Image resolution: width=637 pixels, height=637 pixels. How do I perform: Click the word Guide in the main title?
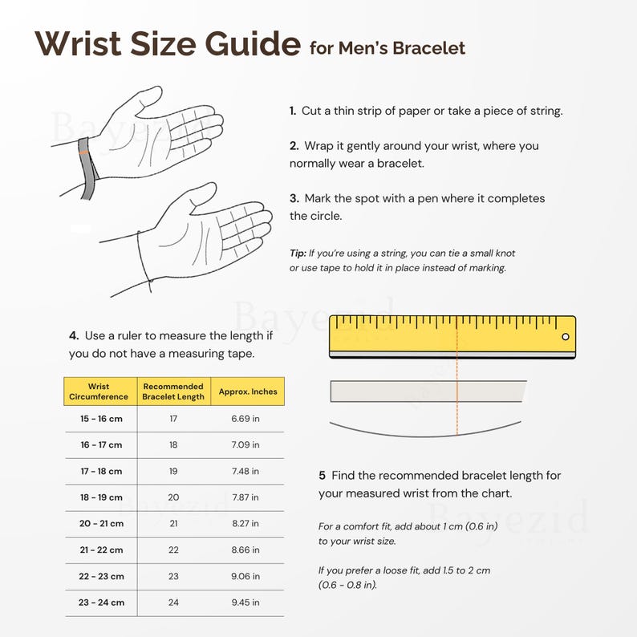252,43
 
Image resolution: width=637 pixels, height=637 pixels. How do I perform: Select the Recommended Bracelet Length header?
173,392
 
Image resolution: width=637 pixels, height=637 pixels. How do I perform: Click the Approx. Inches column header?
248,392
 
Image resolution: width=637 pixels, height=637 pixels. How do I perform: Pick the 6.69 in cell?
245,419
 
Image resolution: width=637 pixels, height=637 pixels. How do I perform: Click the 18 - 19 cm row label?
101,497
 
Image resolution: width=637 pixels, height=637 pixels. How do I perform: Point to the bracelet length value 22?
173,550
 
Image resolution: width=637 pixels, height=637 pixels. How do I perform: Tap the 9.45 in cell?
245,602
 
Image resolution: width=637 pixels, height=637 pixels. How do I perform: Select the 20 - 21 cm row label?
101,523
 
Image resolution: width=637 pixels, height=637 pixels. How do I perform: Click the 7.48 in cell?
245,471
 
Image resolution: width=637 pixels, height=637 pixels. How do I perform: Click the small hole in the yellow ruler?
565,336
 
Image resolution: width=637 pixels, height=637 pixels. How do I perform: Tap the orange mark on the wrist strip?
83,152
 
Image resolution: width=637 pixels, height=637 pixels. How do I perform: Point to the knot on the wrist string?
151,280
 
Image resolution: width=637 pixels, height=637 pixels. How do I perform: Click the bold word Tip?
298,253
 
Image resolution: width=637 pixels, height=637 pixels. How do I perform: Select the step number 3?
294,198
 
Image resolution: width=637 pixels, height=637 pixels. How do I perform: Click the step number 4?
74,335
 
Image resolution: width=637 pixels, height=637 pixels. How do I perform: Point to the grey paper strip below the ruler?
428,392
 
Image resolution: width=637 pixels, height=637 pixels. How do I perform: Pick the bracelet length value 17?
173,419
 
